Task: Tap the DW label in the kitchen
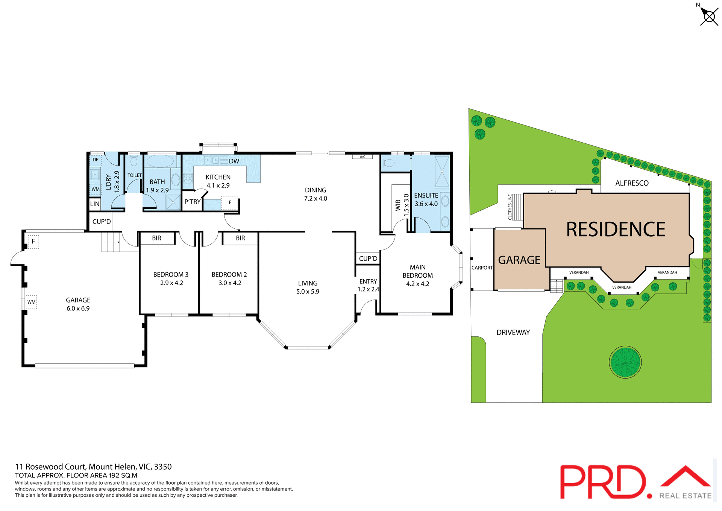[234, 161]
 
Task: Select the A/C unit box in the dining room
[362, 157]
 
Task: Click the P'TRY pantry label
[192, 202]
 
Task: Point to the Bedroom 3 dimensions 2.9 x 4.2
[171, 283]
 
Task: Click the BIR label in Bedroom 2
[240, 238]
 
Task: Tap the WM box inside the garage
[32, 302]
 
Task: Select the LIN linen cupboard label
[95, 204]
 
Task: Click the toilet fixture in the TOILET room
[134, 161]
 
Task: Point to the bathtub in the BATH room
[160, 161]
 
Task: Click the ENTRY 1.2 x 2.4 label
[368, 285]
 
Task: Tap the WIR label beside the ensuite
[398, 205]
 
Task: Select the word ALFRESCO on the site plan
[632, 183]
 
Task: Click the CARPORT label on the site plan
[482, 268]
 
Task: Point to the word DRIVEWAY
[513, 332]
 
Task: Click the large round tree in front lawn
[625, 362]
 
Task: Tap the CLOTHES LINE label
[510, 207]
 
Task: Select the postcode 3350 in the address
[163, 467]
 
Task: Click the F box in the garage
[33, 242]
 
